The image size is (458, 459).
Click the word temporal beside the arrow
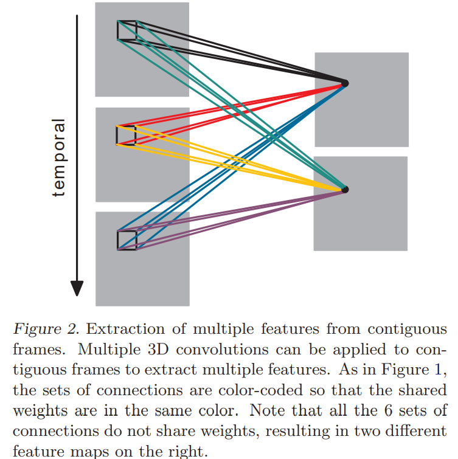[x=58, y=158]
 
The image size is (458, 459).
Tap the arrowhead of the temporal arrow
[x=76, y=288]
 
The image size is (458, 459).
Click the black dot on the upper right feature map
[x=345, y=83]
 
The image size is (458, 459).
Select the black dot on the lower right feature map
[x=345, y=190]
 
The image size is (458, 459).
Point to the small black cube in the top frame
[x=127, y=30]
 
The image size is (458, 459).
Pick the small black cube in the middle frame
[x=126, y=135]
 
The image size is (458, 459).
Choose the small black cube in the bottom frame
[x=127, y=240]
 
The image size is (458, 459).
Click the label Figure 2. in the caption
[x=46, y=330]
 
